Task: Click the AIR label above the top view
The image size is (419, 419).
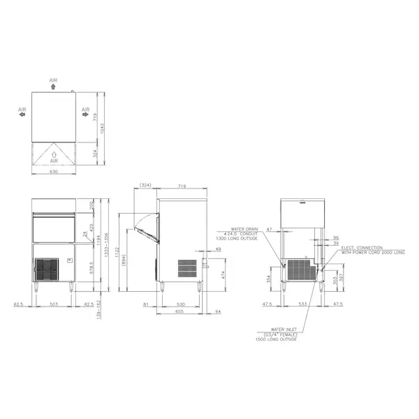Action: [54, 80]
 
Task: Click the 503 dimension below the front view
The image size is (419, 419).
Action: [53, 304]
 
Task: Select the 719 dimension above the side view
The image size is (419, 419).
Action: [182, 186]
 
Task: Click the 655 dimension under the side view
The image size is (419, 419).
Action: [179, 312]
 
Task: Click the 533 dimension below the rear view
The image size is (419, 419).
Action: [302, 304]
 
